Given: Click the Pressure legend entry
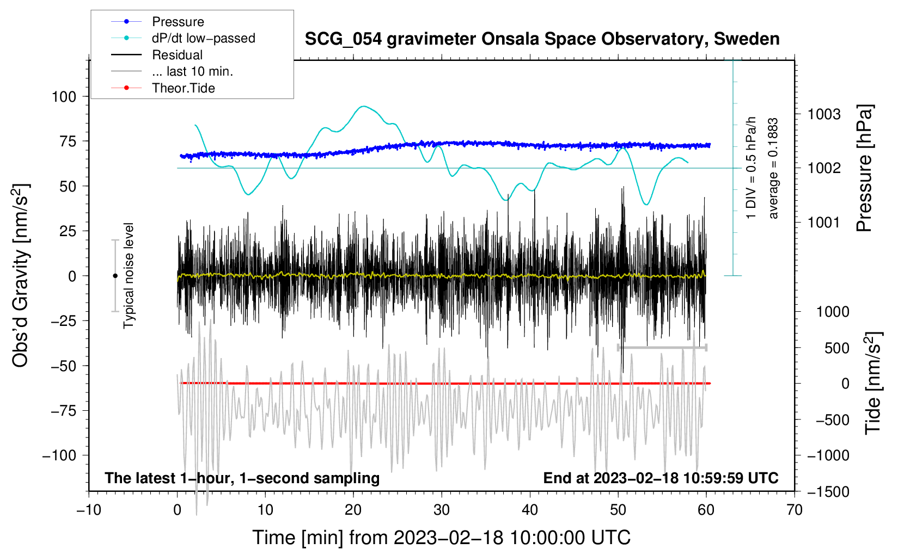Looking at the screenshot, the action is click(158, 21).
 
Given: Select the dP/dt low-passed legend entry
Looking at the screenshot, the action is click(183, 38).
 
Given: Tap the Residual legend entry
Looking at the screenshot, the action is click(157, 55).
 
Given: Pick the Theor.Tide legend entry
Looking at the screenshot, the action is click(163, 88).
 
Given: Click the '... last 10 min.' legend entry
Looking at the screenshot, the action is click(172, 71).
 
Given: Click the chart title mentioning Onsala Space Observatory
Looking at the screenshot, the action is click(542, 39).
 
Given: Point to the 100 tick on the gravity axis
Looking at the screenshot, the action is click(64, 97).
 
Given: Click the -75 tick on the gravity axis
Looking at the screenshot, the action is click(63, 411).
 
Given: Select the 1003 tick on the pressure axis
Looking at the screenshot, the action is click(824, 115).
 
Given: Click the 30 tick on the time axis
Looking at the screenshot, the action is click(442, 510).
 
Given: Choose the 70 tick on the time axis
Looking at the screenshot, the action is click(794, 510).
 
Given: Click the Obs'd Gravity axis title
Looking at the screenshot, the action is click(20, 275).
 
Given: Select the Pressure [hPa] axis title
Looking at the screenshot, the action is click(864, 168).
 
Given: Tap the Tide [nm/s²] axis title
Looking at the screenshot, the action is click(874, 383).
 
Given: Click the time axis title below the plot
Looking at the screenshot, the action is click(442, 538).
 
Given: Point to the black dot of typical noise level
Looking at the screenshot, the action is click(115, 276).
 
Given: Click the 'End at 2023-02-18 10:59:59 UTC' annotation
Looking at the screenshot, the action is click(661, 478).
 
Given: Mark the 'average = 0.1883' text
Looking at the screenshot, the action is click(773, 169).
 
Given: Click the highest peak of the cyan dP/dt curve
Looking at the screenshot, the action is click(364, 106).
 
